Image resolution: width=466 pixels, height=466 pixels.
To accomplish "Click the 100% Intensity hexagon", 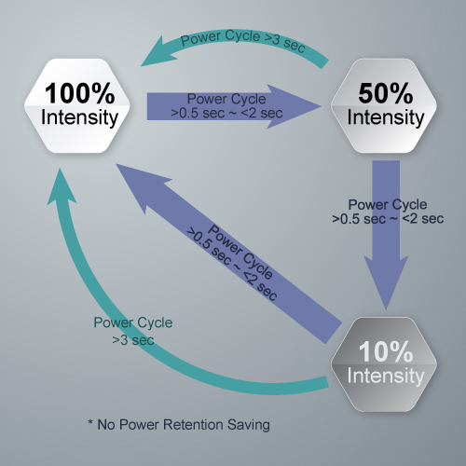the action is click(77, 105).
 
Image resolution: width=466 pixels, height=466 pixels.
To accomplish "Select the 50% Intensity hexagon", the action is click(384, 105).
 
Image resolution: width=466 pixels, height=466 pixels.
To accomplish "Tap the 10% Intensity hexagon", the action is click(384, 364).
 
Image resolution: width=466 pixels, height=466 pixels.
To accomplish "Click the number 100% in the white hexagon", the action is click(80, 93).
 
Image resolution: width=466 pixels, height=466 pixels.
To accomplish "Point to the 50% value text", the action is click(386, 93).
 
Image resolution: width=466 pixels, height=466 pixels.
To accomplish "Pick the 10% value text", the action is click(386, 351).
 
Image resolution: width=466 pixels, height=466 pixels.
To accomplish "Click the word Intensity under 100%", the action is click(79, 118).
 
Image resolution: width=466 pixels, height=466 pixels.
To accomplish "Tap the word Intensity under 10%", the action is click(386, 377).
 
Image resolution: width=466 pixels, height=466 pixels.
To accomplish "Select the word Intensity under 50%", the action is click(386, 118).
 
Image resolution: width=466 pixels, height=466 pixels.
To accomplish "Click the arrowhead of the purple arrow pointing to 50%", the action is click(295, 106).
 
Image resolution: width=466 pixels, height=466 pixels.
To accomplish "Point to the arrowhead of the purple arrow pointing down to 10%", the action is click(386, 282).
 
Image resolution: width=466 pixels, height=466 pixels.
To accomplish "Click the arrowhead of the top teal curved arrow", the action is click(158, 53).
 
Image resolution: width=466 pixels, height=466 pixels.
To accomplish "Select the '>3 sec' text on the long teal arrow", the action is click(133, 340).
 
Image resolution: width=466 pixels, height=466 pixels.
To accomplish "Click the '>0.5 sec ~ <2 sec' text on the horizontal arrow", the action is click(226, 113).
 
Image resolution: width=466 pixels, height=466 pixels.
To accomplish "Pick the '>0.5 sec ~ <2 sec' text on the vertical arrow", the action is click(388, 219).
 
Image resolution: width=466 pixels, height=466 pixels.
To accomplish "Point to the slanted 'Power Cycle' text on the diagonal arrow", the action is click(240, 252).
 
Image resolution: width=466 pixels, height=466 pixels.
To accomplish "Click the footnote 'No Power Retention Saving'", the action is click(184, 425).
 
